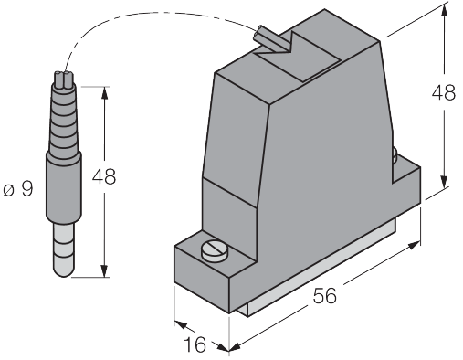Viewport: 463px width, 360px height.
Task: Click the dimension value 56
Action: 325,295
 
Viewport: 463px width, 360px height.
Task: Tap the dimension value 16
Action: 195,344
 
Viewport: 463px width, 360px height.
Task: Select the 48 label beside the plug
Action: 104,176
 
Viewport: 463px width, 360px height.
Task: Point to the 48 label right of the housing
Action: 444,92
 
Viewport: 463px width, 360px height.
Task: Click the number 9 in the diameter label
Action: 27,189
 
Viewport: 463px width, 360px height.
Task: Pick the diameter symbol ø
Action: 9,191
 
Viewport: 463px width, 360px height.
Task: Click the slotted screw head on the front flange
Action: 215,251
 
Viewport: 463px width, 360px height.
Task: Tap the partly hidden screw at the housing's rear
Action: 395,154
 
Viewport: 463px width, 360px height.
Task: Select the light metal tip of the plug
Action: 64,249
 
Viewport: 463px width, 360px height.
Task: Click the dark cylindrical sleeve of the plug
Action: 64,185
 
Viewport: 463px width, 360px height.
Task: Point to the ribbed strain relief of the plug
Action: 64,122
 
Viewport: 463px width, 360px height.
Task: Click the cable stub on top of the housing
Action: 272,39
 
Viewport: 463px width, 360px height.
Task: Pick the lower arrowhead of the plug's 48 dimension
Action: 104,270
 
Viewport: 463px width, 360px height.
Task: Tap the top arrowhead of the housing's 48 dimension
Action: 445,12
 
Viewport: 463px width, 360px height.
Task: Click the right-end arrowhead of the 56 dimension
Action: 414,245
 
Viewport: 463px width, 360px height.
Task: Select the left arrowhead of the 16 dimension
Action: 181,325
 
